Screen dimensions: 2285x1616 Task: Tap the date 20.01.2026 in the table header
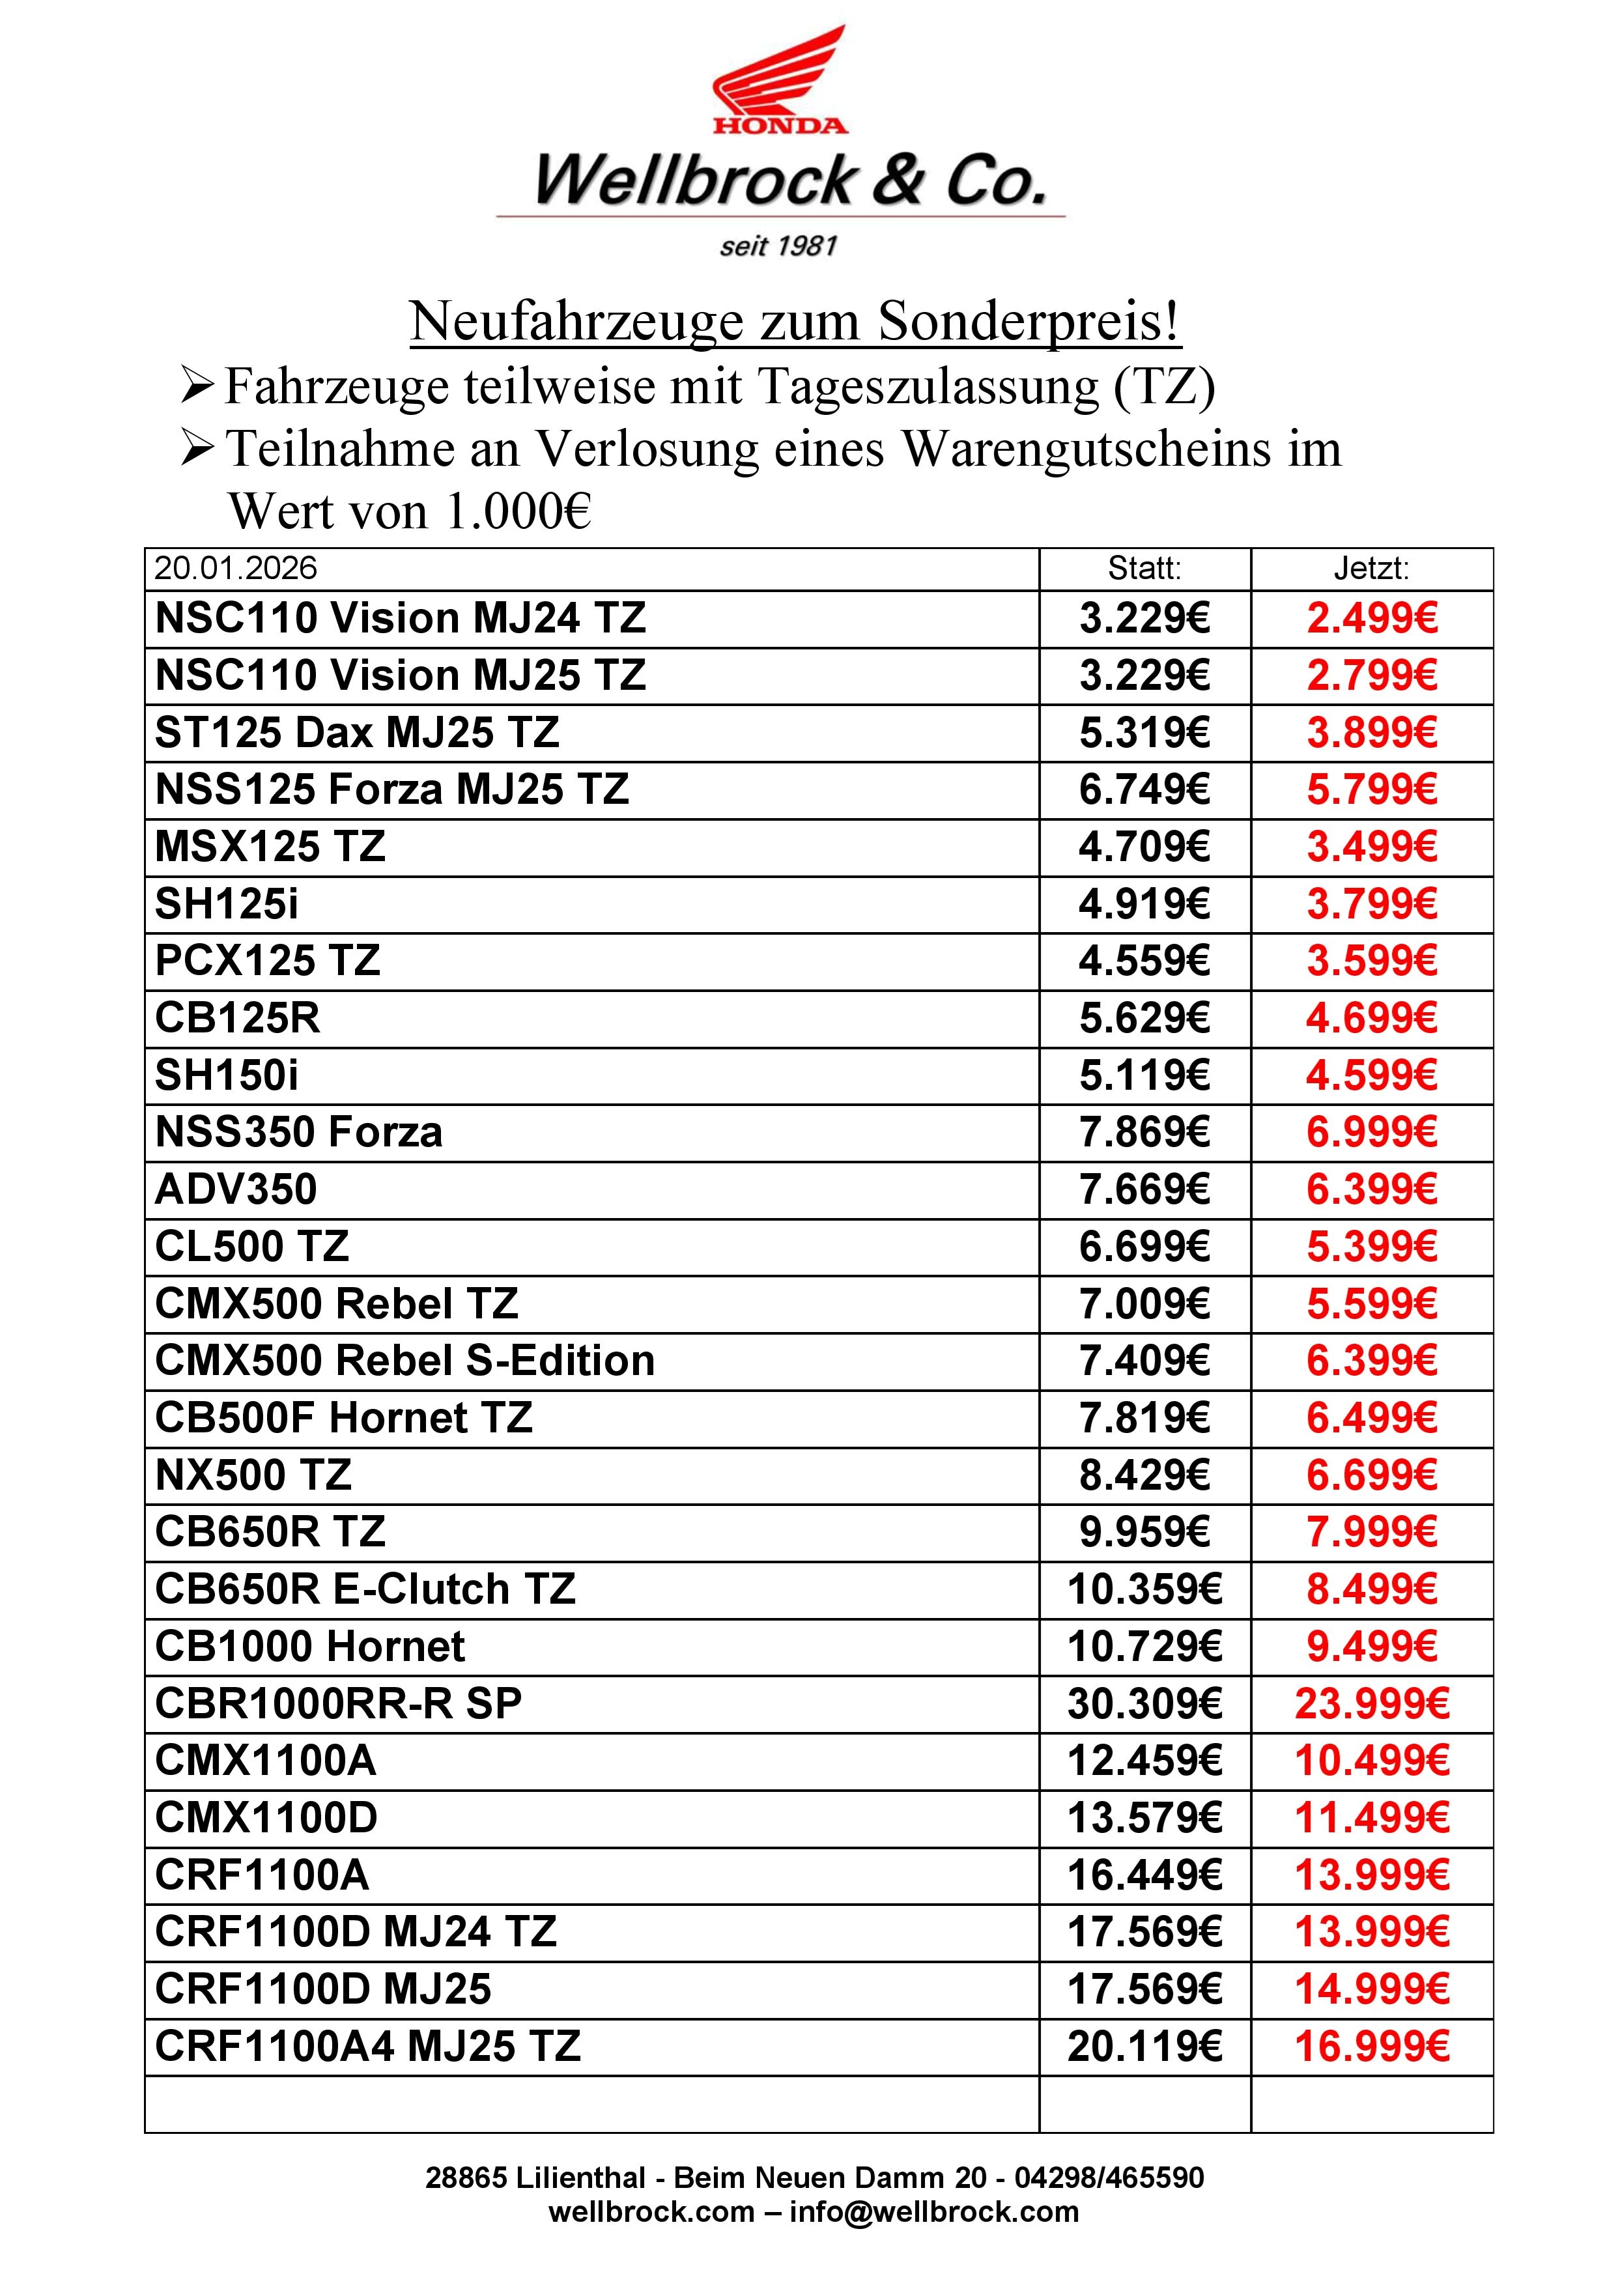coord(236,568)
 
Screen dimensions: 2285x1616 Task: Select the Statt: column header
coord(1144,568)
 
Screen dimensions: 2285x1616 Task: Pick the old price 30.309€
coord(1144,1704)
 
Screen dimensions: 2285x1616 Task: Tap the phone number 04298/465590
coord(1109,2178)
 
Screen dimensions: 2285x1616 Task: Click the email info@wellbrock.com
coord(933,2212)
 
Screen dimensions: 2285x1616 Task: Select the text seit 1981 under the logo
coord(778,246)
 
